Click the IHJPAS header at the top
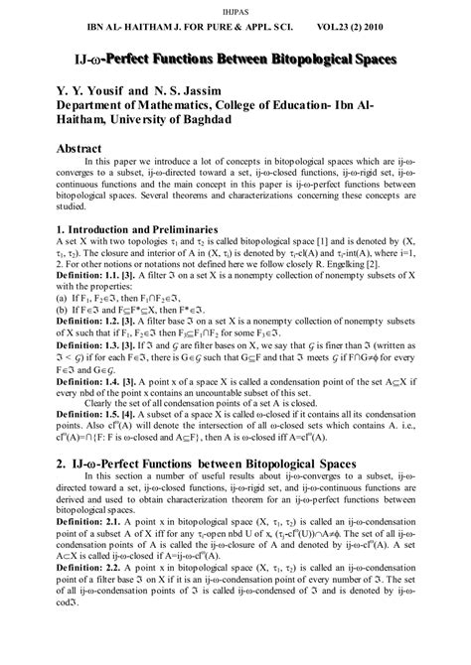tap(235, 8)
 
